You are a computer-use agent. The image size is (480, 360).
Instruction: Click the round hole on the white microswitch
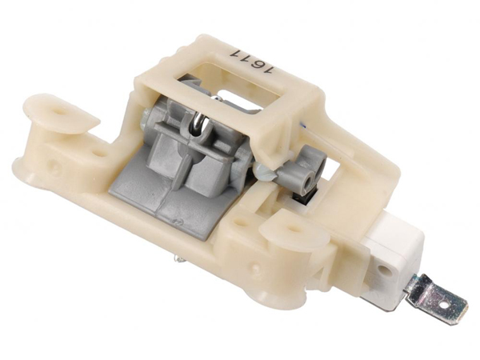pos(382,270)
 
